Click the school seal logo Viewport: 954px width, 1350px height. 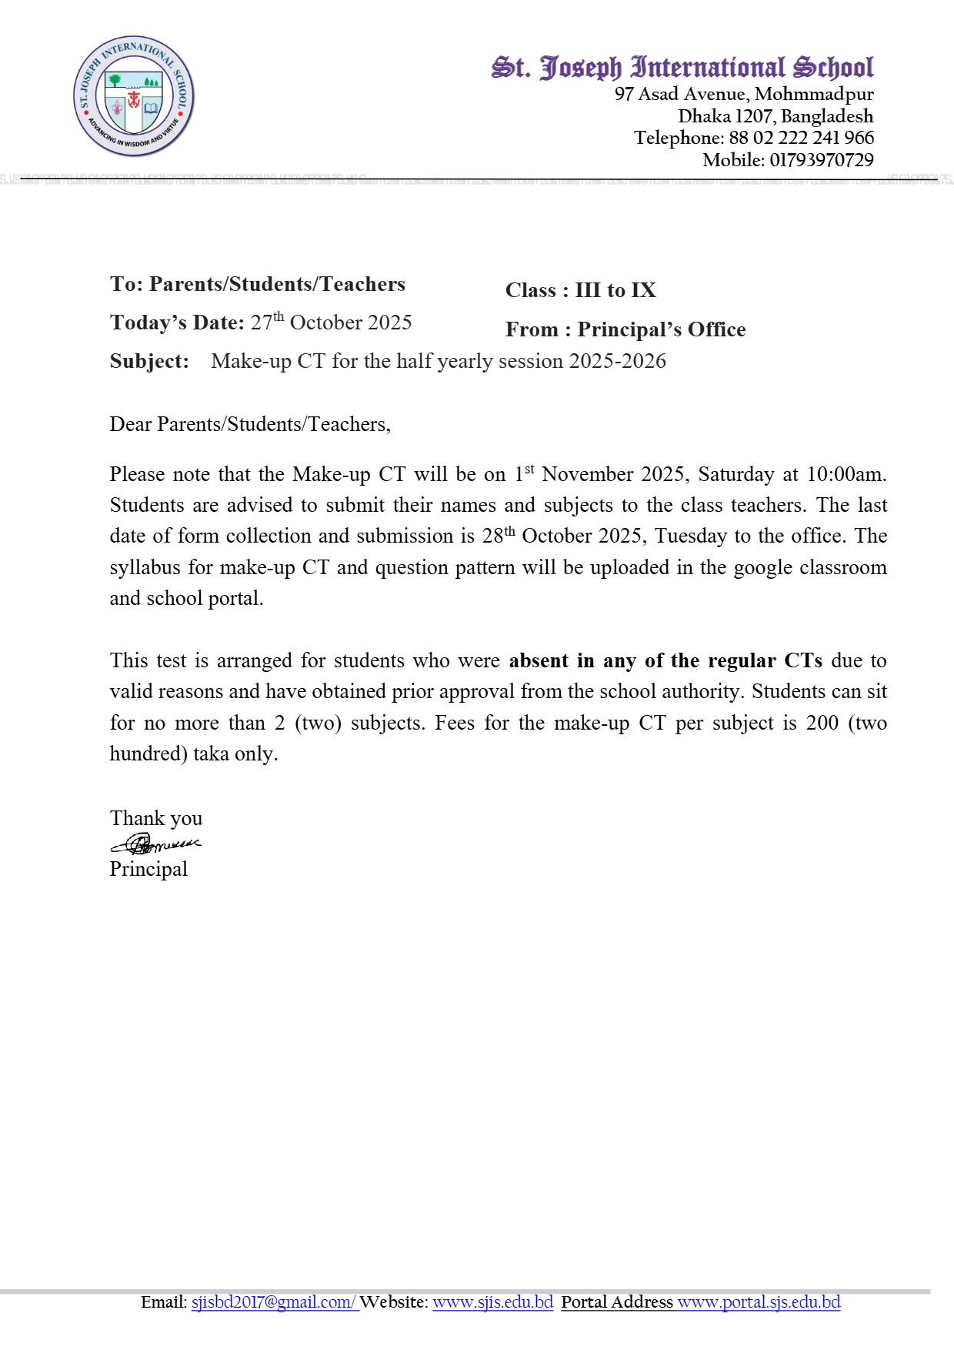point(133,96)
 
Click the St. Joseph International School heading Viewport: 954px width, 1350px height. point(682,68)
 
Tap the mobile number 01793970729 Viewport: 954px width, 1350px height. point(821,160)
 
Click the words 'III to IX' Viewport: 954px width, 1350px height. point(615,290)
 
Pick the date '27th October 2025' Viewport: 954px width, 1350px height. point(331,322)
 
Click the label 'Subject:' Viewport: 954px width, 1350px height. point(149,361)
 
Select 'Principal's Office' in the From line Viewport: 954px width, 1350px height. point(662,329)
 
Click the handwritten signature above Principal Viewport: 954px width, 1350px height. point(155,844)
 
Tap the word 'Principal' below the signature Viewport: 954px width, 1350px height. point(148,869)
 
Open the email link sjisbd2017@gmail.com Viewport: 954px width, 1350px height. point(273,1302)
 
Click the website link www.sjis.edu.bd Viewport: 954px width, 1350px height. point(492,1302)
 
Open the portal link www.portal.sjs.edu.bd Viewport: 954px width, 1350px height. point(759,1302)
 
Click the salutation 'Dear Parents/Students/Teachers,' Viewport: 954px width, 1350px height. point(250,424)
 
